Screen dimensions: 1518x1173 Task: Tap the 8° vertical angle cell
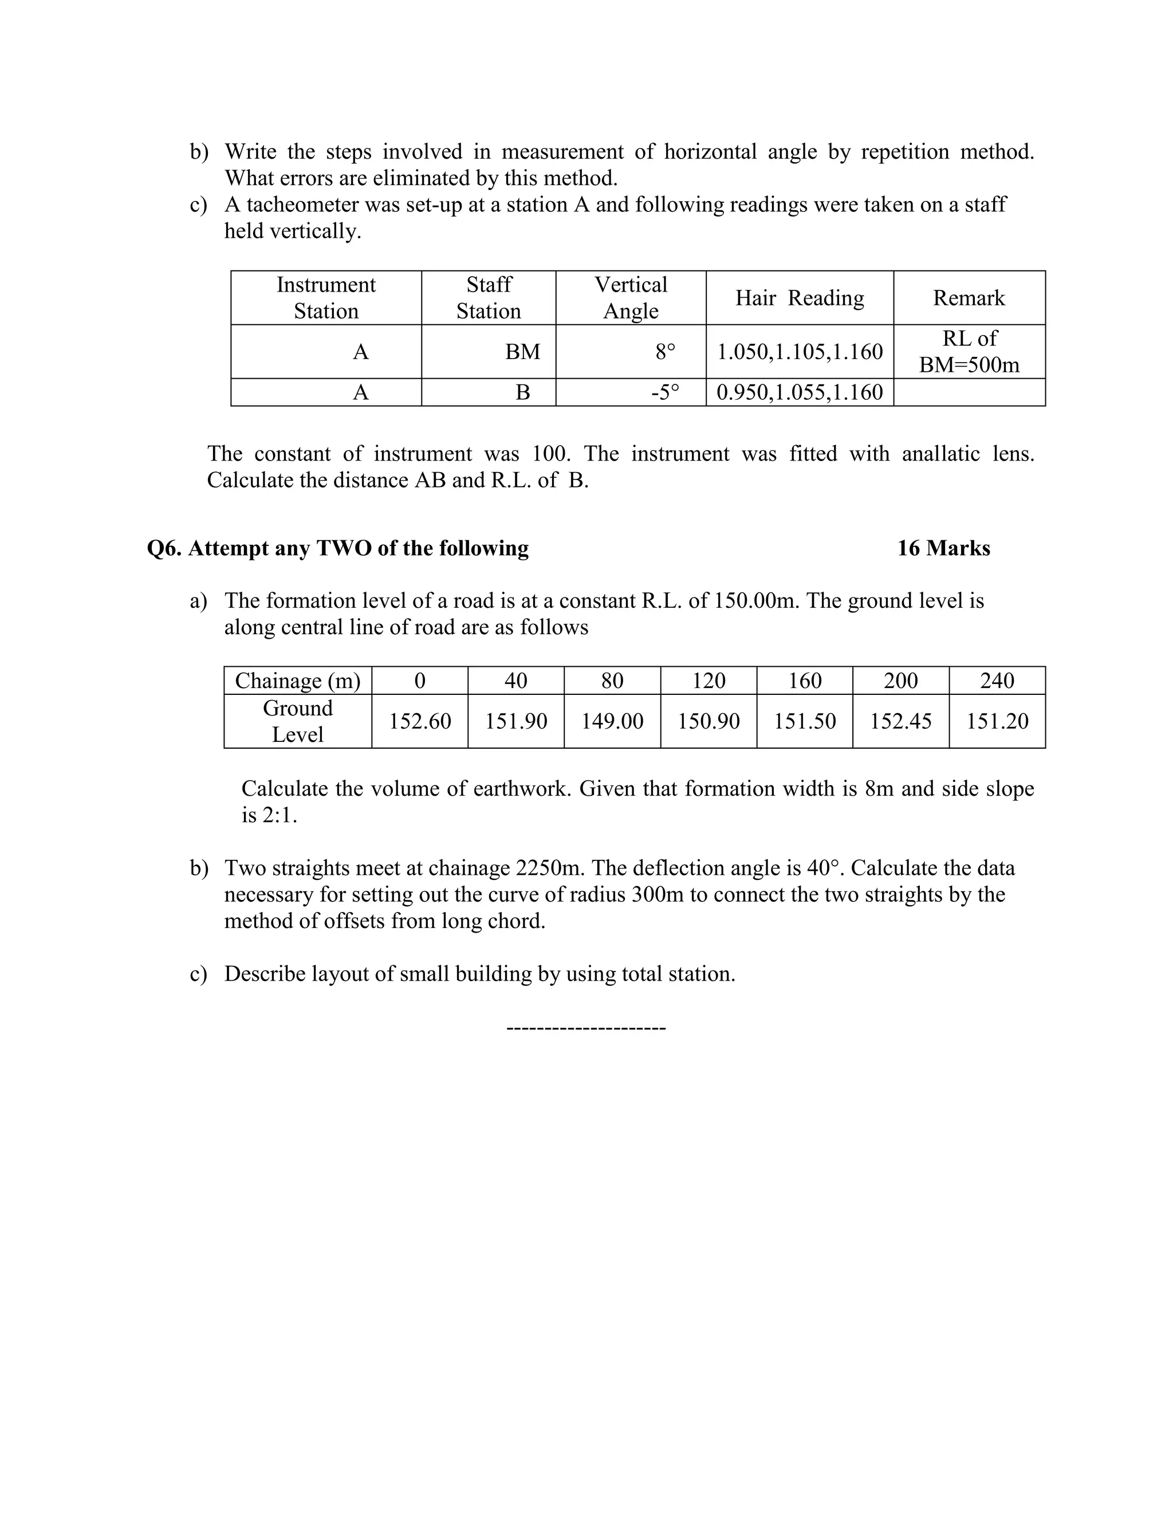pyautogui.click(x=665, y=352)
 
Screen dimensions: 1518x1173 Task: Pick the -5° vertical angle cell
pyautogui.click(x=665, y=393)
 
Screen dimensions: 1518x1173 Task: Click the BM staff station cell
pyautogui.click(x=522, y=352)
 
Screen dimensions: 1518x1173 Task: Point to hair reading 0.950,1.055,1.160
pyautogui.click(x=799, y=393)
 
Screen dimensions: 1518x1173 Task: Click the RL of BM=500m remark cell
pyautogui.click(x=969, y=352)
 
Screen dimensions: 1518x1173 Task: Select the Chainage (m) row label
pyautogui.click(x=297, y=681)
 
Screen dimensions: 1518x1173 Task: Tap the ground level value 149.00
pyautogui.click(x=612, y=721)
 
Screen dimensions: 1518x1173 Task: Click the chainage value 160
pyautogui.click(x=804, y=681)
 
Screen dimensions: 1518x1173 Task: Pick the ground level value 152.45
pyautogui.click(x=900, y=721)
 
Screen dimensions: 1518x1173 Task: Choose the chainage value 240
pyautogui.click(x=997, y=681)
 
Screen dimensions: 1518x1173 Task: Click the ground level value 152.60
pyautogui.click(x=420, y=721)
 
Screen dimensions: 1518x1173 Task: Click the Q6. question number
pyautogui.click(x=164, y=548)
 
